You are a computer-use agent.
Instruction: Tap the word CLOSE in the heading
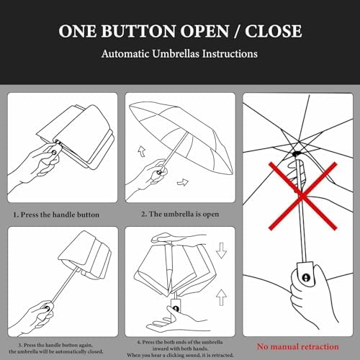[274, 31]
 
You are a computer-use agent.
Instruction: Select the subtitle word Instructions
[230, 54]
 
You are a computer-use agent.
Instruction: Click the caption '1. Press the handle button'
[56, 215]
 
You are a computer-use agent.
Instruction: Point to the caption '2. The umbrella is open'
[180, 214]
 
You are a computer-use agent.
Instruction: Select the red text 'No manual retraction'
[298, 346]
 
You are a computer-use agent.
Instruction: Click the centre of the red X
[302, 196]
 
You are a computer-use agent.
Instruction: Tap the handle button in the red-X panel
[306, 278]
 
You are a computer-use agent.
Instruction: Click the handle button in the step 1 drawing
[54, 153]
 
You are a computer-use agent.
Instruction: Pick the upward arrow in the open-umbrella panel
[142, 152]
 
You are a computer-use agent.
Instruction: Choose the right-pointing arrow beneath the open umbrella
[183, 183]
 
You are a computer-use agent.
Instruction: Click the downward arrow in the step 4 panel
[221, 251]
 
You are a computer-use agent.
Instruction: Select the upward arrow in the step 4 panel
[221, 297]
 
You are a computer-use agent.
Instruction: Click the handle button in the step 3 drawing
[47, 308]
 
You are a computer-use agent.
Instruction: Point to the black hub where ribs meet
[297, 153]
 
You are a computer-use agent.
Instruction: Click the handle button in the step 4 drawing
[176, 309]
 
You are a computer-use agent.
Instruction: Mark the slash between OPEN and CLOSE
[237, 31]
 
